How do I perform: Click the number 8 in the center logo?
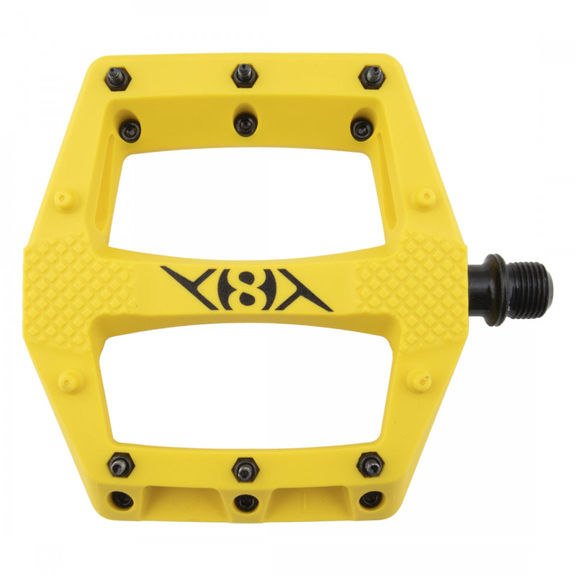246,287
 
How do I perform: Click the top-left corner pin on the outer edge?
117,79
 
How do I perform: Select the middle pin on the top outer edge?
244,74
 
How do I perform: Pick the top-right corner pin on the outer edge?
372,76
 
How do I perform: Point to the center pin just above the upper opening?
246,125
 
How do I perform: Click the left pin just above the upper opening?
130,130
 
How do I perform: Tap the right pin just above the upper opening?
361,130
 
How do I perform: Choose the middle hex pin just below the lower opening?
245,470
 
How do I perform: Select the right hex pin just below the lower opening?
370,464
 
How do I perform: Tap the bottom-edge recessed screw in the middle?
246,501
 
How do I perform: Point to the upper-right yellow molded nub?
426,196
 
